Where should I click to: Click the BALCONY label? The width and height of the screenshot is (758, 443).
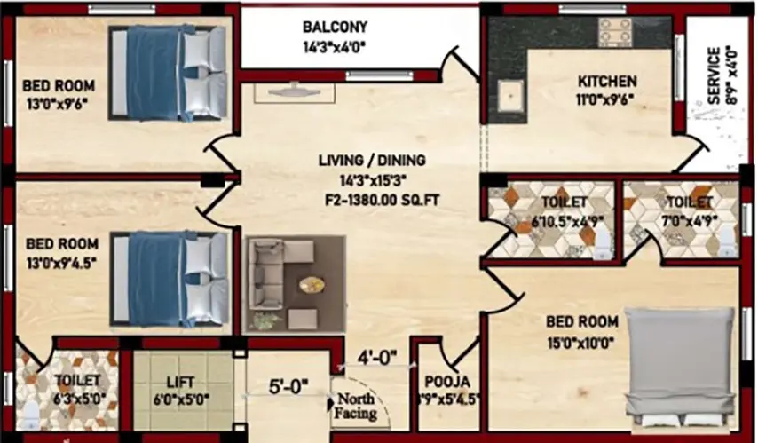(334, 27)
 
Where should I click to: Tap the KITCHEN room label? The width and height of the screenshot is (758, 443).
(606, 81)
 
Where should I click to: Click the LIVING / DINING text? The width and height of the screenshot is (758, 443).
(373, 161)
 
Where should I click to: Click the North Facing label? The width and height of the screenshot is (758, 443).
(355, 406)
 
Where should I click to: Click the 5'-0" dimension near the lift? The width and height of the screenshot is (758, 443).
(288, 386)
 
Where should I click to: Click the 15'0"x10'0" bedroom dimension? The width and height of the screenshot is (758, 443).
(581, 340)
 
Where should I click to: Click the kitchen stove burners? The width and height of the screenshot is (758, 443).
(614, 31)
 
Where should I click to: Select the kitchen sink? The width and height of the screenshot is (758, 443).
(510, 95)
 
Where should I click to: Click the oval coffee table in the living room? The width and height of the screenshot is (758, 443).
(312, 284)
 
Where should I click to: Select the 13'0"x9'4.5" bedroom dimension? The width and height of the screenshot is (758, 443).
(60, 261)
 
